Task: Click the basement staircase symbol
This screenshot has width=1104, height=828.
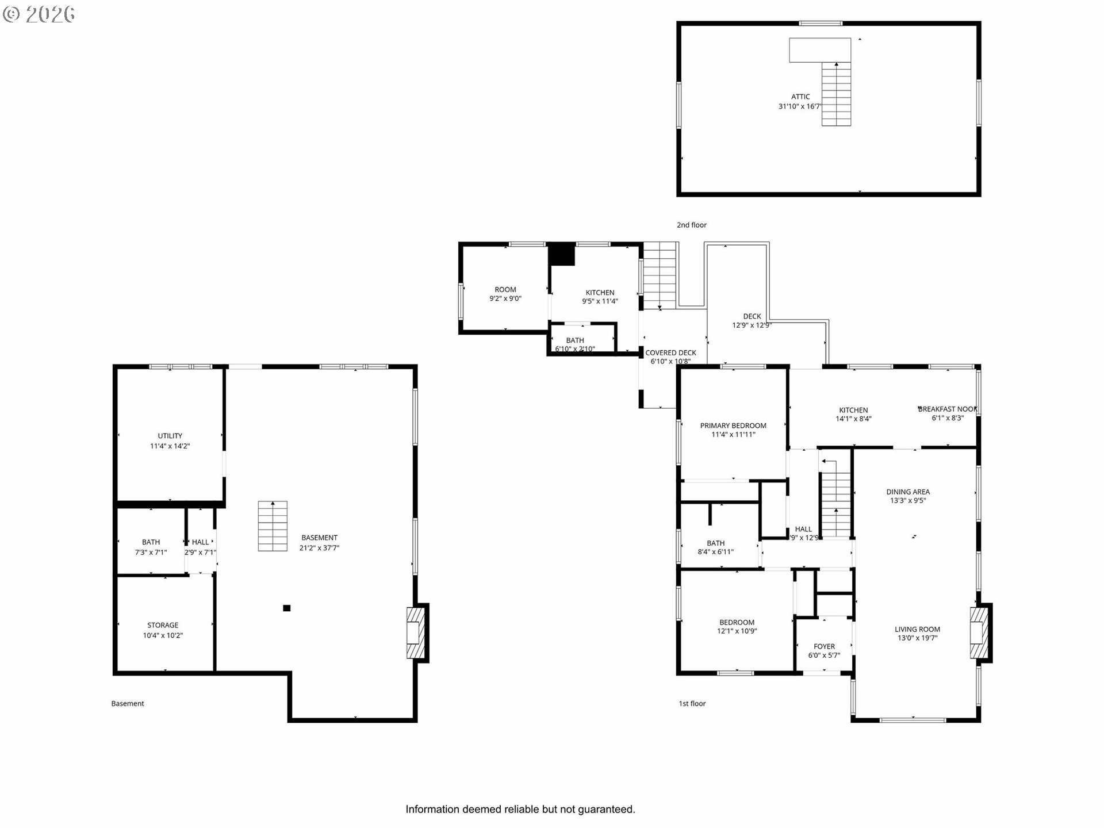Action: click(273, 526)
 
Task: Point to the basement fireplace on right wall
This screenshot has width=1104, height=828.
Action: click(416, 632)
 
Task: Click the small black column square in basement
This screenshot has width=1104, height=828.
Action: click(286, 608)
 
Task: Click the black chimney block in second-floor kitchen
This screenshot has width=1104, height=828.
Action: click(562, 254)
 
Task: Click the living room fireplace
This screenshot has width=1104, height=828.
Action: click(980, 632)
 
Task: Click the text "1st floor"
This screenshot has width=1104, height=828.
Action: click(692, 703)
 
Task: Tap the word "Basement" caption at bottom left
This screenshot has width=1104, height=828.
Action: click(128, 703)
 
